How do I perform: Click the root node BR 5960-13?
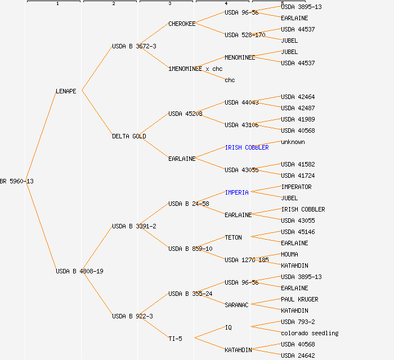coord(17,181)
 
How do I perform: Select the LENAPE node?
coord(66,91)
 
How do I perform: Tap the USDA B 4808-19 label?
coord(79,271)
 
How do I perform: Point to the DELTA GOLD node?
coord(129,136)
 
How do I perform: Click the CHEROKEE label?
coord(182,24)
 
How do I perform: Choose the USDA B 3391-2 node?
coord(134,226)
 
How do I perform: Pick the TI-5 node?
coord(175,339)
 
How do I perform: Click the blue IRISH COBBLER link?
coord(247,147)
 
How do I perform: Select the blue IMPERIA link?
coord(236,192)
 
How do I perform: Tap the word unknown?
coord(293,142)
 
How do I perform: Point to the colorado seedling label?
coord(310,333)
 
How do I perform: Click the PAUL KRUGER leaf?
coord(299,299)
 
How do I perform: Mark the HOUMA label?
coord(289,254)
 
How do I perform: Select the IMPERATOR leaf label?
coord(296,187)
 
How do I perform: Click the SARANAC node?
coord(236,305)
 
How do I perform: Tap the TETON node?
coord(233,237)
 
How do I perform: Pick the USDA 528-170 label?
coord(245,35)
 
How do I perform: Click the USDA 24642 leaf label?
coord(298,355)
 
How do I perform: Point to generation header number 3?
coord(169,4)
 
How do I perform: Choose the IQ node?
coord(228,327)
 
